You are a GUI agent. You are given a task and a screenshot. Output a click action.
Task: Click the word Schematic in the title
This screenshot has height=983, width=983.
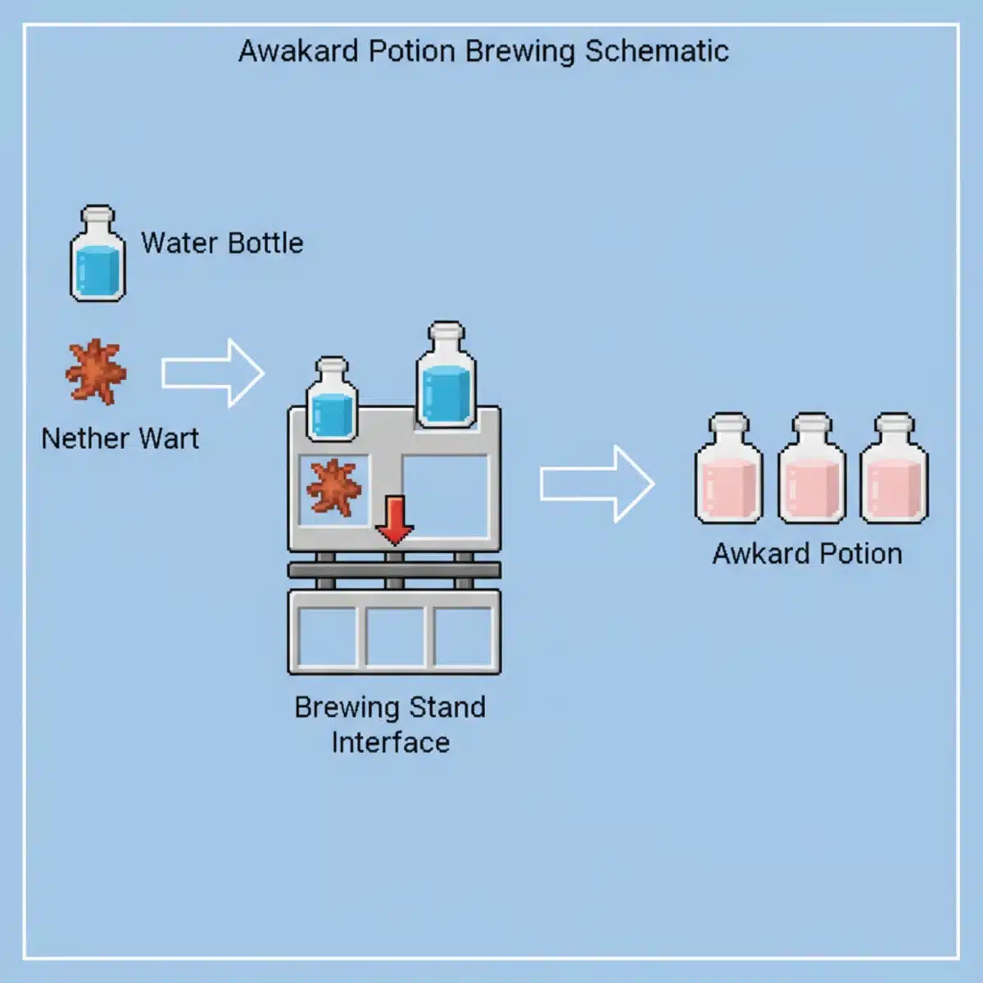click(x=656, y=51)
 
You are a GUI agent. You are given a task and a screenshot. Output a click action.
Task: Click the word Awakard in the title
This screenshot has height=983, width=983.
click(x=299, y=51)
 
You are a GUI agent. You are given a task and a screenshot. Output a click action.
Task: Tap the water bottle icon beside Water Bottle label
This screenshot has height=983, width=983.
click(x=97, y=255)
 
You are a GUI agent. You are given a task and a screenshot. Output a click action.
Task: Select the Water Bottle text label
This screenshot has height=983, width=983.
click(x=222, y=243)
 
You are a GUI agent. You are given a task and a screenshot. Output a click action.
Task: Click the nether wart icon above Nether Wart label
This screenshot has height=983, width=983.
click(x=96, y=372)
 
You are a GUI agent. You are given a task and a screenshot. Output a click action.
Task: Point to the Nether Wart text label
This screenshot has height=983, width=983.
click(x=120, y=438)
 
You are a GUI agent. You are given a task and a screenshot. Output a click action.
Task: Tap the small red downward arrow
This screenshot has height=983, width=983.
click(x=395, y=519)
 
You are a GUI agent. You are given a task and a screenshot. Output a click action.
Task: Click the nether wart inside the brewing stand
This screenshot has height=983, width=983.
click(x=333, y=488)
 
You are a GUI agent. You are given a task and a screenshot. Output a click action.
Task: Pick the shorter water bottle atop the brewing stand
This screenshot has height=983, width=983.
click(x=332, y=400)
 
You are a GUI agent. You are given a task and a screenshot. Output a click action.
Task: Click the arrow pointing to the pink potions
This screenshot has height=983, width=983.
click(x=596, y=484)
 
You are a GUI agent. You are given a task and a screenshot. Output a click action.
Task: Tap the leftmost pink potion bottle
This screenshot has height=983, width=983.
click(x=728, y=470)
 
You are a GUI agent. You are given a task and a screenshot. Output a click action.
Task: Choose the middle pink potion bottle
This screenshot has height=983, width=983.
click(x=811, y=470)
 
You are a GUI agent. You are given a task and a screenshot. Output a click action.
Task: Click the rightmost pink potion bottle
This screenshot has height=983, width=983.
click(x=894, y=470)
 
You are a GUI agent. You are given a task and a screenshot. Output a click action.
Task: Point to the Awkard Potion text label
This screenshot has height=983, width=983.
click(x=807, y=554)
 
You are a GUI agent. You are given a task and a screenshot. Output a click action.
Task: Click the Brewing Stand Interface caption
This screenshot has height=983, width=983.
click(x=390, y=724)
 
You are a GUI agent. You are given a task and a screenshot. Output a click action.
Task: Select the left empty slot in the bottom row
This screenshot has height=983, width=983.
click(x=326, y=636)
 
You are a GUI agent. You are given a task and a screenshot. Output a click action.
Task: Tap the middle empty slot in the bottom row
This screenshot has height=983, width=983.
click(x=394, y=636)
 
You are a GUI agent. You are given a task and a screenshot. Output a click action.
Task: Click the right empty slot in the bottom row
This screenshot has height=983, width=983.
click(x=462, y=636)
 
